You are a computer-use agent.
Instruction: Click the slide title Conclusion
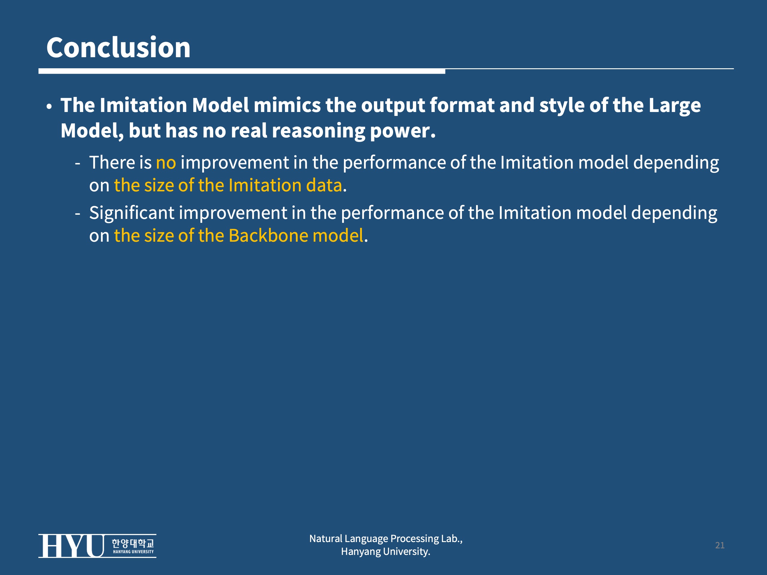[118, 48]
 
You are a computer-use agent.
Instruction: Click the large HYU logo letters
[71, 546]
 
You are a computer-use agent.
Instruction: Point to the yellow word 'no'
[166, 163]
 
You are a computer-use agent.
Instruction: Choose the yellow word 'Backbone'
[268, 236]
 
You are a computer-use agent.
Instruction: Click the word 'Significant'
[132, 213]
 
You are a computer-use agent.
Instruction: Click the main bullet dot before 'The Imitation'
[49, 107]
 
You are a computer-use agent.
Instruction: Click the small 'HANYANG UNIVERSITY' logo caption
[134, 552]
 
